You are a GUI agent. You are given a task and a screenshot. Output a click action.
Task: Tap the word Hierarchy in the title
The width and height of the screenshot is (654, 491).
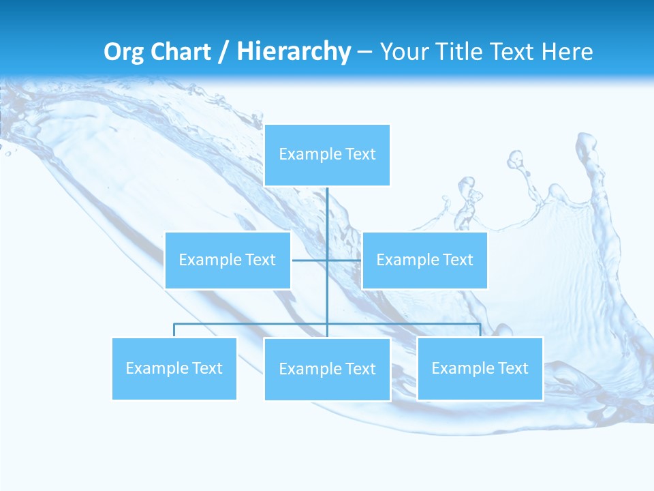[294, 52]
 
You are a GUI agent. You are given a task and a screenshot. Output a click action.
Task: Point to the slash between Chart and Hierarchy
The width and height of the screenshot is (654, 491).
[223, 52]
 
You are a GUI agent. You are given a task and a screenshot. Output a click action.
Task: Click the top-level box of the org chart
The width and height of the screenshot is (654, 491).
[327, 155]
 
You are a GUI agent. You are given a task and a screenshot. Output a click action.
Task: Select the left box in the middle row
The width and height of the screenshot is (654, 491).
[228, 260]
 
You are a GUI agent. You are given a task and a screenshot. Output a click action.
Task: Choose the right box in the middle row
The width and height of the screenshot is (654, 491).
[424, 260]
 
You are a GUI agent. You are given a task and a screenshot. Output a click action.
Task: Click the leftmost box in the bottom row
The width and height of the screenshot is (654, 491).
[174, 368]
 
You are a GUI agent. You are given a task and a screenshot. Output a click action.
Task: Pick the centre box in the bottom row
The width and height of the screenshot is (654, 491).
[327, 369]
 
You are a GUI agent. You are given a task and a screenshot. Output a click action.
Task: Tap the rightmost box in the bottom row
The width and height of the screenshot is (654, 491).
[480, 368]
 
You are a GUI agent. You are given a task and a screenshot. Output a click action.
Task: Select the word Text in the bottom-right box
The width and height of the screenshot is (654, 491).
[512, 368]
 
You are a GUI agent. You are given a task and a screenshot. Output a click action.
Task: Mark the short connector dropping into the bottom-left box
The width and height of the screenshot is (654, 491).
[174, 331]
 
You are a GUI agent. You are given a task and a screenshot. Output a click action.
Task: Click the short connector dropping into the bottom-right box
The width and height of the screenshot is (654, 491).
[480, 331]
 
